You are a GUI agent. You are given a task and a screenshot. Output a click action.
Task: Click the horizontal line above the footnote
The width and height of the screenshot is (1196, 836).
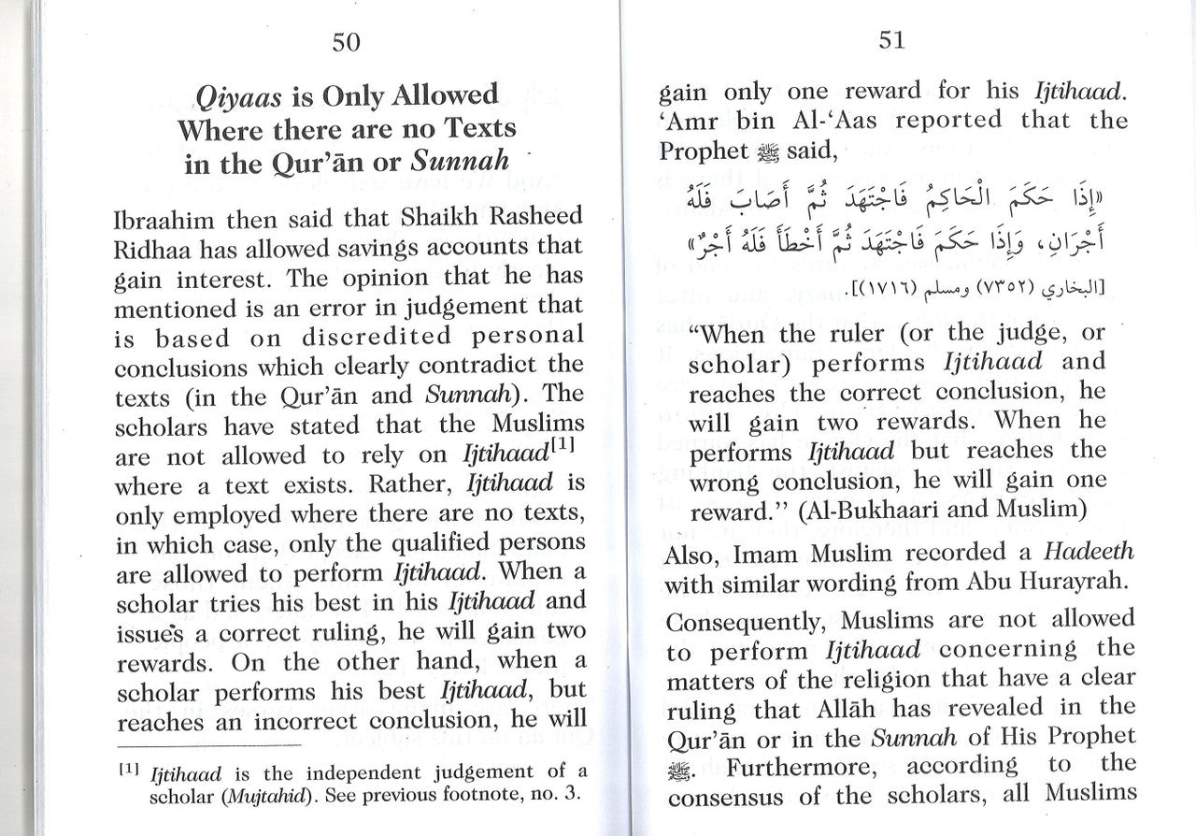tap(209, 744)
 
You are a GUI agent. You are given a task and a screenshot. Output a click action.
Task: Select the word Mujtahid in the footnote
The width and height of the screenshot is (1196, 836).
tap(247, 798)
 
